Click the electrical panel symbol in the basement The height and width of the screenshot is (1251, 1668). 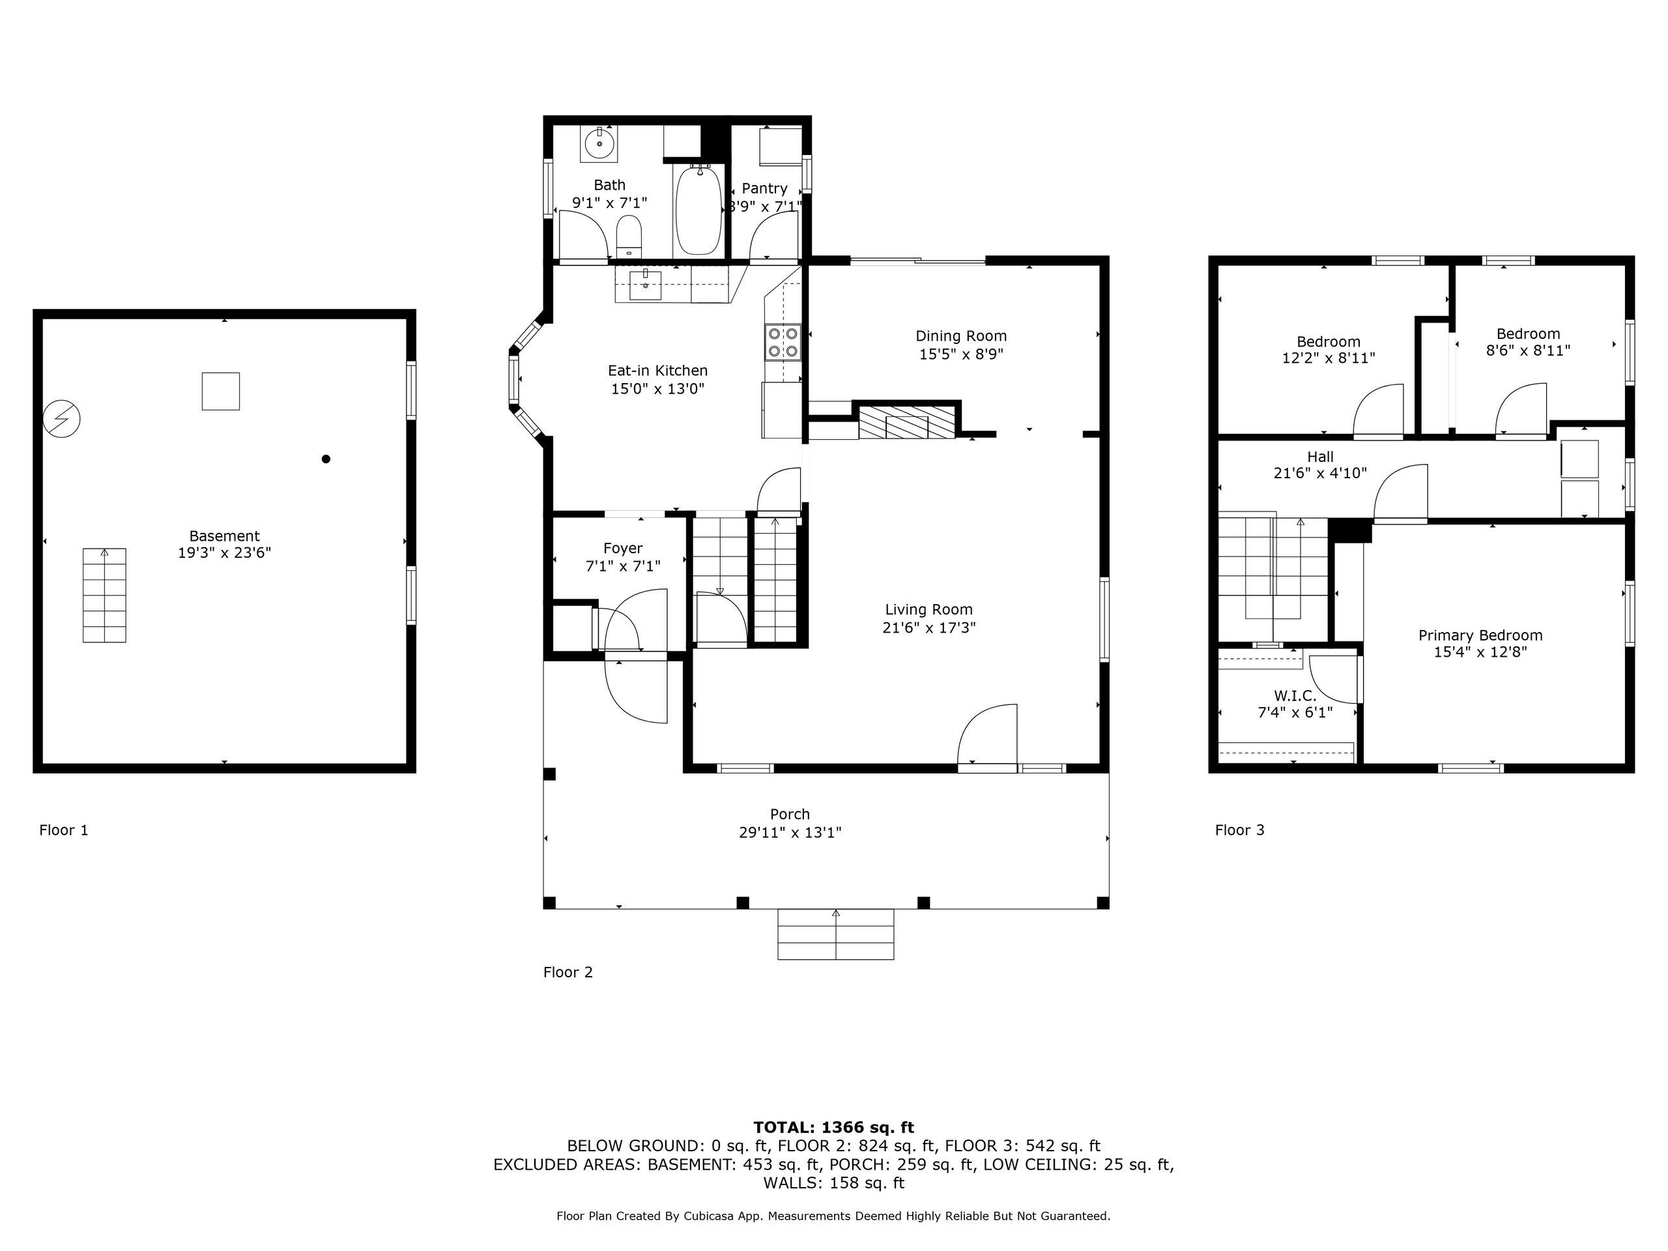point(62,418)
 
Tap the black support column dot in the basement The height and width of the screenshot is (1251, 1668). point(326,459)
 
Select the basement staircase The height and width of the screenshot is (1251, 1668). point(104,595)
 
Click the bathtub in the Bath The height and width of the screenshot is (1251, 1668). point(698,210)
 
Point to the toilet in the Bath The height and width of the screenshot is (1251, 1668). point(629,235)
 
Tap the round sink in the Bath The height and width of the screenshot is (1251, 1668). point(599,143)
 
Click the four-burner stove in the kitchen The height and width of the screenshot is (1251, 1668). point(783,342)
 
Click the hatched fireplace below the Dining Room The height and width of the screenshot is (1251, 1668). point(907,422)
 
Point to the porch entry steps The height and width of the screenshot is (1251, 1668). point(835,934)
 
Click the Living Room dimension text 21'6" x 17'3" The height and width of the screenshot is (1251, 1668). point(929,627)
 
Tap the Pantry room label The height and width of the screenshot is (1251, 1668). point(765,188)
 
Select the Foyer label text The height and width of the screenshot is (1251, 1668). point(623,548)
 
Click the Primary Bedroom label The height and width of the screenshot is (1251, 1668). point(1480,635)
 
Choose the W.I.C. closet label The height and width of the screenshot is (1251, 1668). point(1295,695)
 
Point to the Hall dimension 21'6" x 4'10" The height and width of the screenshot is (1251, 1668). point(1320,474)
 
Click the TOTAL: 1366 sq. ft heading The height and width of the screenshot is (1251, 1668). point(833,1127)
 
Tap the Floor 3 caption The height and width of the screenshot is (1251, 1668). point(1240,830)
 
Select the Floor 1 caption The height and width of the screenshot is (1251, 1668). point(64,830)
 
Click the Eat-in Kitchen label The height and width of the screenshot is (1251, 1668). point(657,370)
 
